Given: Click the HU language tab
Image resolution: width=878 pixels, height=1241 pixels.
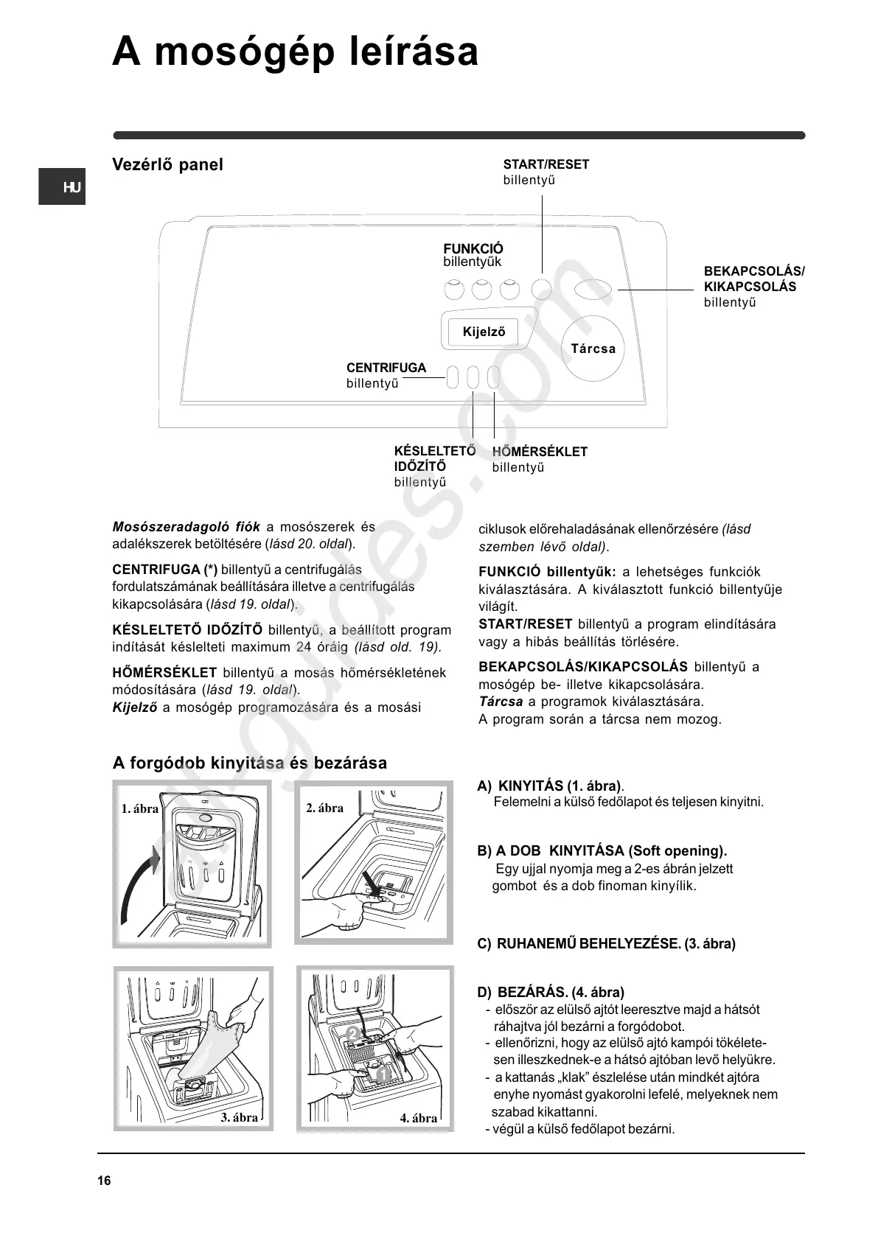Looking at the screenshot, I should pos(63,187).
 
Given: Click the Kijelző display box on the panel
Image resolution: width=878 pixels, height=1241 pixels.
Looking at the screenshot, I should pos(484,332).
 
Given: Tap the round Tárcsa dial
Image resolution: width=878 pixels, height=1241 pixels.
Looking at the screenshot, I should pos(593,349).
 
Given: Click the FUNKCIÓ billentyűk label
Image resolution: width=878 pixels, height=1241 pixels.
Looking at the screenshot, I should pos(473,255).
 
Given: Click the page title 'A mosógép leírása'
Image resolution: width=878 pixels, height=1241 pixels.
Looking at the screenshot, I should pos(295,53).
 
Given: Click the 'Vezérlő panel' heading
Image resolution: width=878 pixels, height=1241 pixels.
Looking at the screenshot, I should pos(167,164).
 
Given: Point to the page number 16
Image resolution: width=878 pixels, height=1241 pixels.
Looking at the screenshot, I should pos(104,1181).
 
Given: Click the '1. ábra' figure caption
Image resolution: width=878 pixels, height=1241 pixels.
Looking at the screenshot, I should pos(139,808).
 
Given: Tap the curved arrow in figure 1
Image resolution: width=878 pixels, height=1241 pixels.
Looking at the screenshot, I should pos(138,884).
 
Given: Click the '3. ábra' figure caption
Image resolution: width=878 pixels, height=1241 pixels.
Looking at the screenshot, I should pos(240,1117).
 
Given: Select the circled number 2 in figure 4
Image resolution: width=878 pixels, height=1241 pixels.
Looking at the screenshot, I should pos(353,1035).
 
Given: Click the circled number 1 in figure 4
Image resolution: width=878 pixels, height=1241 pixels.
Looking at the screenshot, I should pos(381,1075).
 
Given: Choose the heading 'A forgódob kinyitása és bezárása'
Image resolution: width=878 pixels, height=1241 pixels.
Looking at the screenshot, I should pos(249,763).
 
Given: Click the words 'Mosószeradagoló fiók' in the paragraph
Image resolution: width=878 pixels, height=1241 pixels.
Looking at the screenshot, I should pos(186,527).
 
